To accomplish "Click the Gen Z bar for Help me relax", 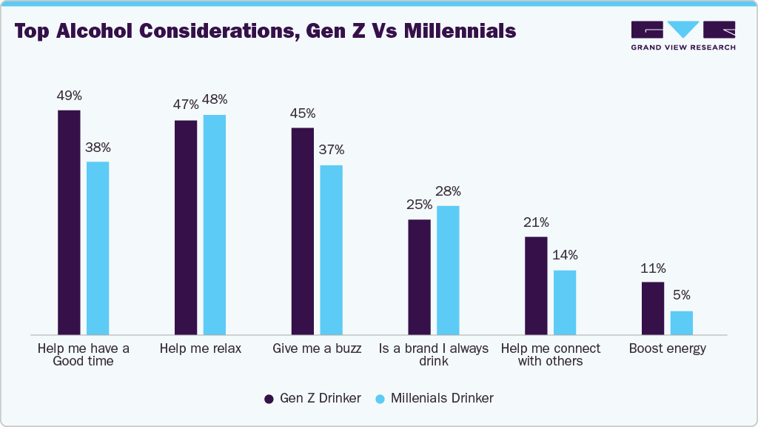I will [x=186, y=227].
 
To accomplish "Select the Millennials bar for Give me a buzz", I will [x=331, y=250].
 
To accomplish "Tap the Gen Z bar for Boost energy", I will [x=652, y=308].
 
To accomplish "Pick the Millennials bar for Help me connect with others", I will [x=565, y=302].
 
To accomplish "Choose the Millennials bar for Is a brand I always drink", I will [x=448, y=270].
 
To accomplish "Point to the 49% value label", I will [x=69, y=96].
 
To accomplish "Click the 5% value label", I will [x=681, y=296].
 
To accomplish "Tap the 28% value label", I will [x=448, y=191].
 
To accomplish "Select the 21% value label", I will [x=535, y=222].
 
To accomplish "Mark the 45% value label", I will [x=302, y=113].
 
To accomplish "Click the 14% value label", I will [x=565, y=255].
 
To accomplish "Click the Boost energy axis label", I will [x=667, y=348].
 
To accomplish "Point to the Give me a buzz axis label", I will [x=317, y=348].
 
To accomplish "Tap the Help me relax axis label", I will [x=201, y=348].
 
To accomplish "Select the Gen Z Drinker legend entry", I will [x=313, y=398].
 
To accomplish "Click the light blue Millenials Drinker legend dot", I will [x=380, y=399].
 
